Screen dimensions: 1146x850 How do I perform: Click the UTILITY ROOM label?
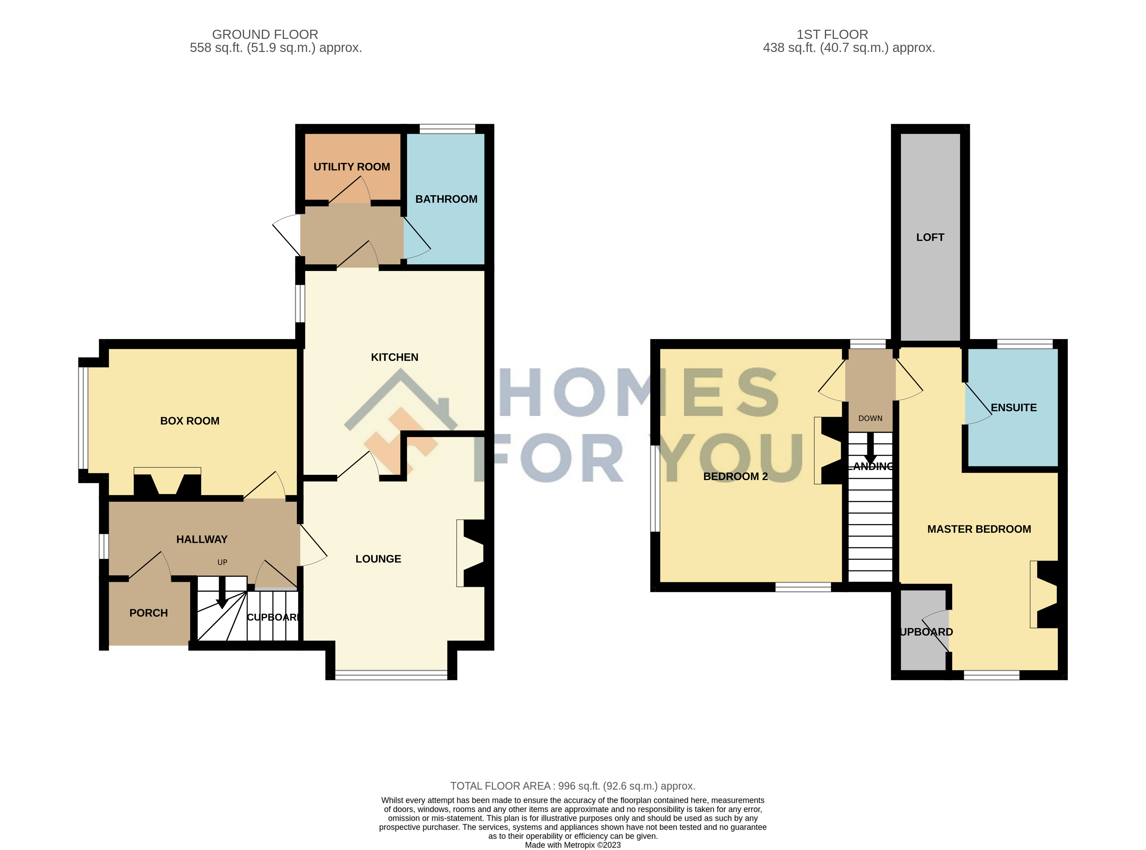click(x=352, y=167)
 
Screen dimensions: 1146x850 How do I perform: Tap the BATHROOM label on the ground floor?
click(x=446, y=199)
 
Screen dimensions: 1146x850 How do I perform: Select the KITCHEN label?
click(x=394, y=357)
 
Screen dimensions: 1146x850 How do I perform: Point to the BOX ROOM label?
click(x=190, y=421)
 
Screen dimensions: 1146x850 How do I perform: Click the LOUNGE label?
click(x=378, y=559)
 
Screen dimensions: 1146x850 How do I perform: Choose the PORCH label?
click(x=149, y=613)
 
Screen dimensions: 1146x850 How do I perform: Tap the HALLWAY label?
click(x=202, y=539)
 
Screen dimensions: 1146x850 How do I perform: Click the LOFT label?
click(x=930, y=237)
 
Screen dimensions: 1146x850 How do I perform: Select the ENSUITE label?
click(x=1013, y=407)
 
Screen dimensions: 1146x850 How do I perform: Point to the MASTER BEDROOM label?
click(x=979, y=529)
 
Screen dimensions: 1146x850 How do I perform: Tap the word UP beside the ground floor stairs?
click(x=222, y=562)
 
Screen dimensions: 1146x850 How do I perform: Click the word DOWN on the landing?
click(x=870, y=418)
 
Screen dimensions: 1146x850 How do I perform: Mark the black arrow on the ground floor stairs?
click(x=222, y=593)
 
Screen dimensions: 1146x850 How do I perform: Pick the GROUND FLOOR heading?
click(x=265, y=34)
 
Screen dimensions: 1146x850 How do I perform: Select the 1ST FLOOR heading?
click(x=832, y=34)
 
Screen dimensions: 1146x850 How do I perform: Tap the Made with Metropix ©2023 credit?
click(x=573, y=845)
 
